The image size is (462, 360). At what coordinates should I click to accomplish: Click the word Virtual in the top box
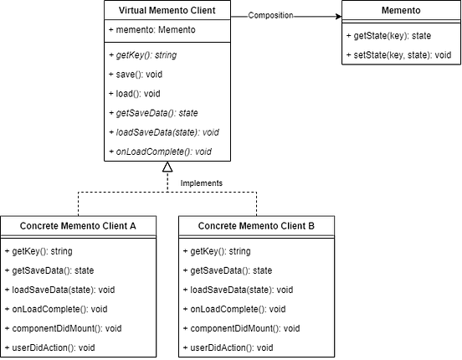click(x=136, y=11)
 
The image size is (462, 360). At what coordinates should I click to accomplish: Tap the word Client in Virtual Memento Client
click(x=215, y=11)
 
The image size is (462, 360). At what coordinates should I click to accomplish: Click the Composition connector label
click(x=271, y=16)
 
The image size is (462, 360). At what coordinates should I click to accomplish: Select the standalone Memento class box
click(x=402, y=11)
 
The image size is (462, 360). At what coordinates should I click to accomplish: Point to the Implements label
click(x=203, y=183)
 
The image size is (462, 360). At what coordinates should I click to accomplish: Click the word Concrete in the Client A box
click(x=40, y=226)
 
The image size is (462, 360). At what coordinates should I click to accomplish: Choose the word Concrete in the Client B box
click(x=219, y=226)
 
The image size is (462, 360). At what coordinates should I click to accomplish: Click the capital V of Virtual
click(x=122, y=11)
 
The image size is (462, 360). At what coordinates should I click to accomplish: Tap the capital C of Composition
click(x=251, y=16)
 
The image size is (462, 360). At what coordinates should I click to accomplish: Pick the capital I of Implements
click(x=182, y=183)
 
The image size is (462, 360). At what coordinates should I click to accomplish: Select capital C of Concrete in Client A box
click(x=23, y=226)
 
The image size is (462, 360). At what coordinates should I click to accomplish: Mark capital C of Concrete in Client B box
click(x=203, y=226)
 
